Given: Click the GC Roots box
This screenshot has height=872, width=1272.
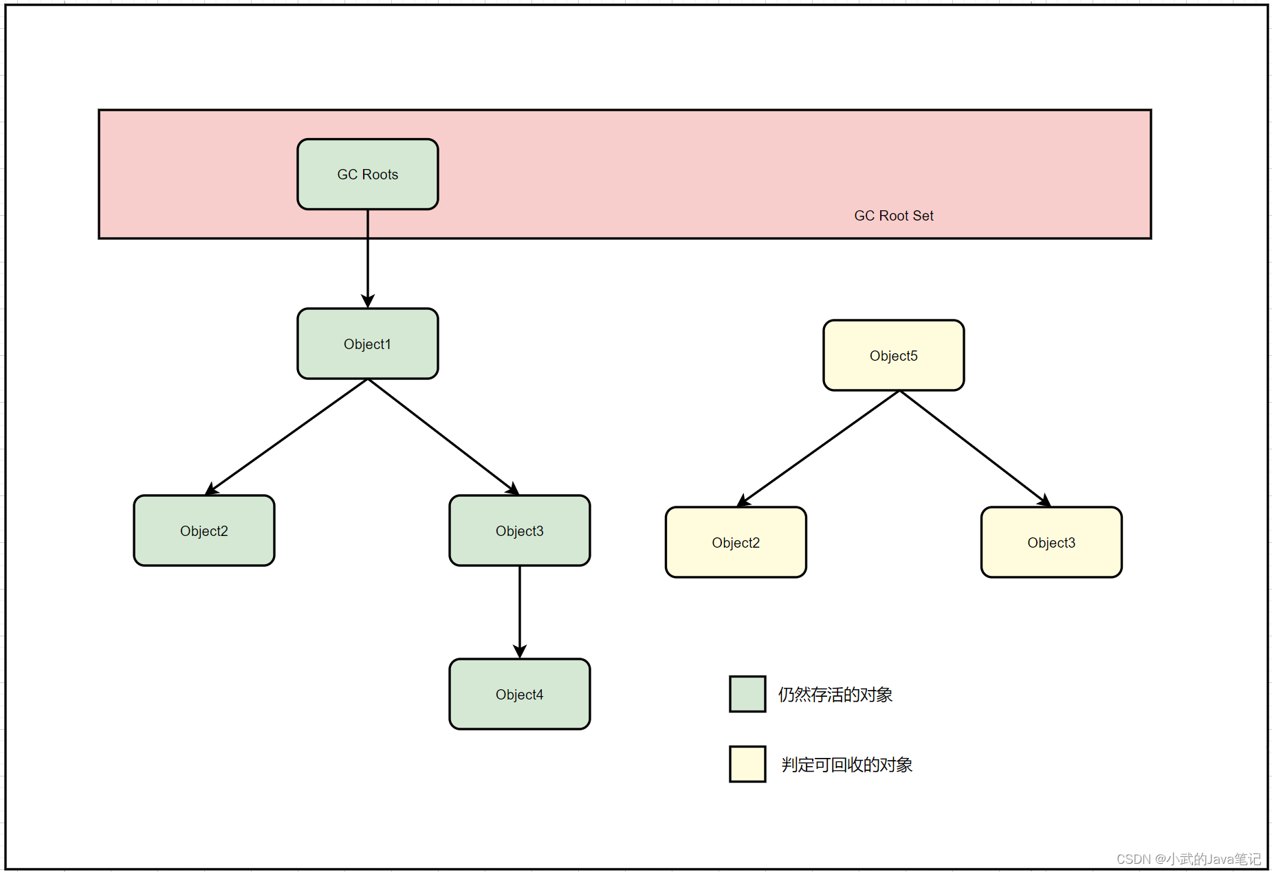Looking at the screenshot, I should point(367,174).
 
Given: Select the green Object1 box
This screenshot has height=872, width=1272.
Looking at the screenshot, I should point(367,344).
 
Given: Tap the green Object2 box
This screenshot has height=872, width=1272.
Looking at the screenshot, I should point(204,530).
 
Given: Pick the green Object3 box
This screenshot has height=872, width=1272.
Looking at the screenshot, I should point(519,530).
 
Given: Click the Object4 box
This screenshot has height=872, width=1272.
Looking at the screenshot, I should point(519,694).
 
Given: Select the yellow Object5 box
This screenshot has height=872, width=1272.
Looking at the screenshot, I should point(893,355).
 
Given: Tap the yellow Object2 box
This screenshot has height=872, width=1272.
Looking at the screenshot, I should point(736,542).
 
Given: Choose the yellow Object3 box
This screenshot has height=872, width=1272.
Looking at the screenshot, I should point(1051,542).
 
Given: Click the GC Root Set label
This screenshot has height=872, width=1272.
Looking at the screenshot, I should point(893,216).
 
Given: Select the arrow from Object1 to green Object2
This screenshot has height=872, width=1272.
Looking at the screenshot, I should point(287,436).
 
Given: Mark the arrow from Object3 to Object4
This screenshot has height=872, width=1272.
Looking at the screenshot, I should point(520,612).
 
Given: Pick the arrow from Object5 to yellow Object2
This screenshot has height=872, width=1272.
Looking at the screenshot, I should point(818,448).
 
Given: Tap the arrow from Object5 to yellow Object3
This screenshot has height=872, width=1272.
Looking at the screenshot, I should point(973,447).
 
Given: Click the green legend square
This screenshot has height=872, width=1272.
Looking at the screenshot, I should point(747,694).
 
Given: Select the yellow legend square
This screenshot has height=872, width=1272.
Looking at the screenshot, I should point(747,764).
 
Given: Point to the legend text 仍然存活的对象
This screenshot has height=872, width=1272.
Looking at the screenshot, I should point(835,695).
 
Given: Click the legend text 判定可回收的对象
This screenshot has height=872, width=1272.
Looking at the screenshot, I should point(846,765).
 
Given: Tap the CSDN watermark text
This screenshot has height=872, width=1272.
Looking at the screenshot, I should point(1188,859).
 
